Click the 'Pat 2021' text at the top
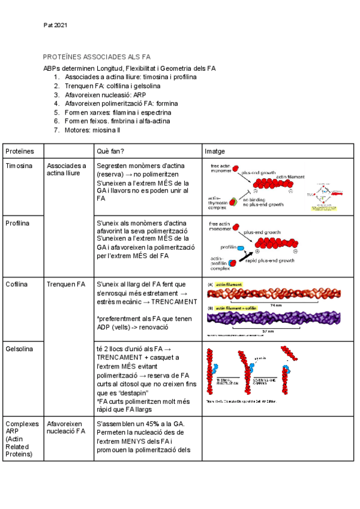pyautogui.click(x=56, y=25)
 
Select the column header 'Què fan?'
pyautogui.click(x=110, y=151)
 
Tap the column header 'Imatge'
pyautogui.click(x=215, y=151)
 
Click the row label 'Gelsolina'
pyautogui.click(x=19, y=349)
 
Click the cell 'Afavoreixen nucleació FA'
pyautogui.click(x=66, y=427)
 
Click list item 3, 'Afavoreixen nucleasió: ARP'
pyautogui.click(x=106, y=95)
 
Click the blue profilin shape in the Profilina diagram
pyautogui.click(x=241, y=248)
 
